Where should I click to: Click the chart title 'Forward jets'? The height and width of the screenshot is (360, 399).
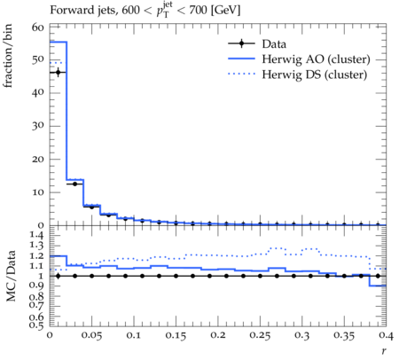click(82, 11)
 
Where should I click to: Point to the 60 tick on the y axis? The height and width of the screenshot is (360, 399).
click(38, 27)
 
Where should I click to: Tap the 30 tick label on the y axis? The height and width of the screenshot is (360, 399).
click(38, 126)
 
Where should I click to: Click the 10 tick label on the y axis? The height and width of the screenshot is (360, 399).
click(38, 192)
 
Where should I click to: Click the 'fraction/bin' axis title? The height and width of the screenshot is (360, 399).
click(8, 56)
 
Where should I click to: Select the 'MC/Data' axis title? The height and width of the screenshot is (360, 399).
click(11, 276)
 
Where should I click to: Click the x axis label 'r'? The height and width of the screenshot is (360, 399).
click(384, 351)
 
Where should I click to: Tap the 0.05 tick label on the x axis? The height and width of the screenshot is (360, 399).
click(91, 336)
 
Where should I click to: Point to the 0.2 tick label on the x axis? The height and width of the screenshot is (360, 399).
click(218, 335)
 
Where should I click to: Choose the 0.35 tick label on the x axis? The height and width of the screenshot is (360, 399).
click(344, 336)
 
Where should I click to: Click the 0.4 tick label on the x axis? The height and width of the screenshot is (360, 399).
click(386, 335)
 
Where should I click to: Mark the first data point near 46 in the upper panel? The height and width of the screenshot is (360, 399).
click(58, 73)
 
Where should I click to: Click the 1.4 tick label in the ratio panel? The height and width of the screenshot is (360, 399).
click(37, 236)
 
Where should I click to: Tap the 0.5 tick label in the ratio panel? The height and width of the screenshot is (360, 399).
click(37, 325)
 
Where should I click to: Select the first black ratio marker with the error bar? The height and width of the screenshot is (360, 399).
click(58, 276)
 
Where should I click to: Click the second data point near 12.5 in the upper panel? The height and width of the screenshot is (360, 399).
click(74, 184)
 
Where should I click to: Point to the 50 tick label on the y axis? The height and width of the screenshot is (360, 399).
click(38, 60)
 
